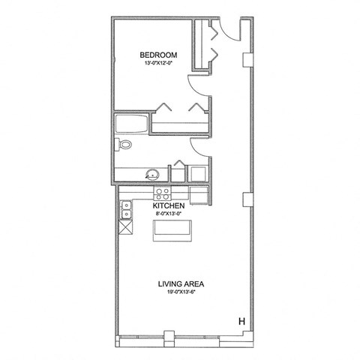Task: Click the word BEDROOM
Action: (158, 55)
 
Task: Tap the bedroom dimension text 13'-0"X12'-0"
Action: (158, 64)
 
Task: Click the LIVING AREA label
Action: (181, 283)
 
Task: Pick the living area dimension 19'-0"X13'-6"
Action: (181, 292)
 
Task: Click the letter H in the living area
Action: (241, 322)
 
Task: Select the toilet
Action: (124, 144)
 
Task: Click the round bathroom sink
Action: (153, 175)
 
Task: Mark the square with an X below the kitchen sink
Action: (125, 226)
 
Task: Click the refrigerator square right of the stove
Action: (199, 195)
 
